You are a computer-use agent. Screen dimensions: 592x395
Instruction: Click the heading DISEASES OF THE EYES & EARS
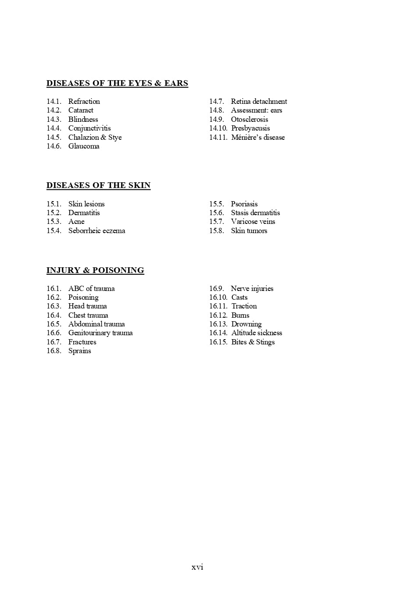click(117, 83)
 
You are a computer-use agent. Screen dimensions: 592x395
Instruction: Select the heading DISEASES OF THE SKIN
click(98, 185)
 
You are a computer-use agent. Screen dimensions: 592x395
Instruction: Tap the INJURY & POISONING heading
click(95, 270)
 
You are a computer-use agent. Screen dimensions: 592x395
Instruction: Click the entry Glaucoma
click(84, 146)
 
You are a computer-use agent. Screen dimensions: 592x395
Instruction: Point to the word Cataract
click(81, 110)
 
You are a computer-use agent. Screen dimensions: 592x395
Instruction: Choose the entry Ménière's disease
click(258, 138)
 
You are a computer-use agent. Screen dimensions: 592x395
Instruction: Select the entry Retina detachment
click(259, 102)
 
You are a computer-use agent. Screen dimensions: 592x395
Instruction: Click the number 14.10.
click(218, 128)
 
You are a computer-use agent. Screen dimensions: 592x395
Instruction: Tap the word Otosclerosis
click(249, 120)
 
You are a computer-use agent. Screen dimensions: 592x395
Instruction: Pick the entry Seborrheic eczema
click(96, 231)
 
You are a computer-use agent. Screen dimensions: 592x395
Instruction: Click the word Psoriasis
click(244, 204)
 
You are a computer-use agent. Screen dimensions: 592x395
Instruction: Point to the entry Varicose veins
click(253, 222)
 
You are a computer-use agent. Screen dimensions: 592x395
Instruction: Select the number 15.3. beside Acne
click(54, 222)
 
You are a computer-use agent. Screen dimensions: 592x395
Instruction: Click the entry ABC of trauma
click(91, 289)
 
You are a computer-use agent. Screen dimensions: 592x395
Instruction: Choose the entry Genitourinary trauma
click(100, 333)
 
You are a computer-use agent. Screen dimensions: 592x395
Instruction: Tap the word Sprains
click(79, 351)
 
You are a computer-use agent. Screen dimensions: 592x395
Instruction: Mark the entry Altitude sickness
click(256, 333)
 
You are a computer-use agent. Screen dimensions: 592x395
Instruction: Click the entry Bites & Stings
click(253, 342)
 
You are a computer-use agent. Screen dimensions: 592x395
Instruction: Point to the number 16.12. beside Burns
click(218, 315)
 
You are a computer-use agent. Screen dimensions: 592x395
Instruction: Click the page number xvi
click(197, 567)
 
